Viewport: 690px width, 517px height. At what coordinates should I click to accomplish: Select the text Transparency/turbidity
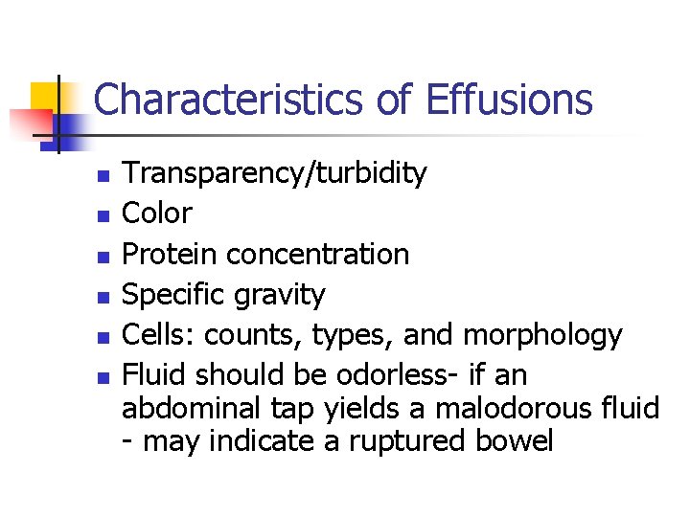(275, 174)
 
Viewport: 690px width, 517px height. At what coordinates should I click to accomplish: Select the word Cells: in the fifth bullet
(160, 334)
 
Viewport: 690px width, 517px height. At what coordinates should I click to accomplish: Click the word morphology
(542, 334)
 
